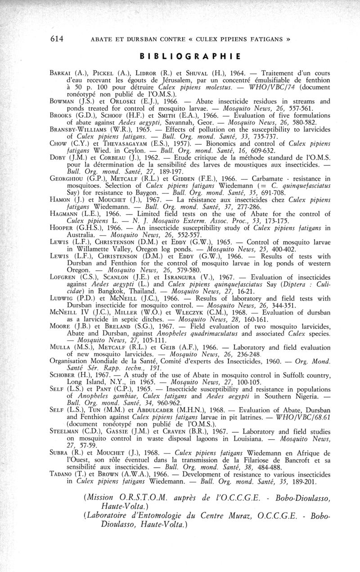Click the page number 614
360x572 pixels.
coord(58,39)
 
